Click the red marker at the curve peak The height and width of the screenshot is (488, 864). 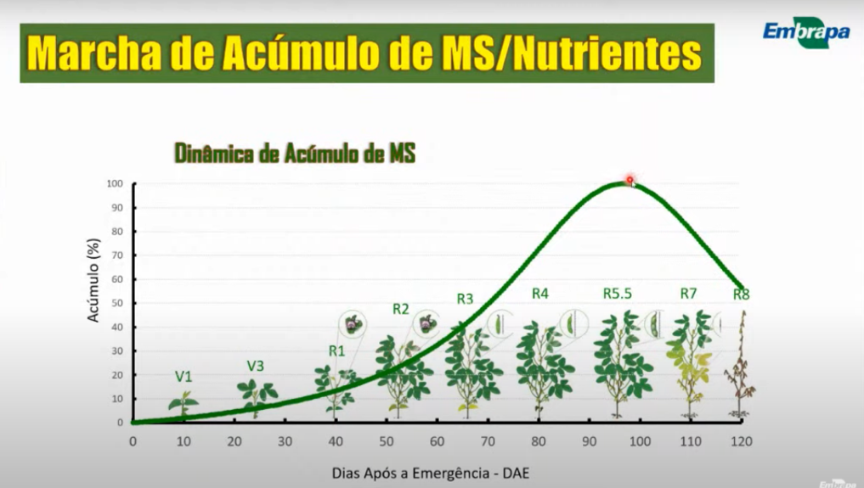[x=630, y=180]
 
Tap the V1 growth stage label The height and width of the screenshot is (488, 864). [x=184, y=376]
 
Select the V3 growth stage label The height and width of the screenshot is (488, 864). [x=256, y=366]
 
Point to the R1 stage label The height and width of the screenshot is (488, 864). [x=337, y=351]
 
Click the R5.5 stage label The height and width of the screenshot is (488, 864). [x=618, y=294]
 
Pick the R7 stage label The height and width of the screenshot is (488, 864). [x=688, y=294]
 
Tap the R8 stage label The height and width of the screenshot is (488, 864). [x=742, y=295]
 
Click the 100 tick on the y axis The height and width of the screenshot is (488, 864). [x=115, y=184]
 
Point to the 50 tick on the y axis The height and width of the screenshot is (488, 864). [x=117, y=303]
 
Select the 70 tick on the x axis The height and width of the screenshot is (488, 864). [x=488, y=441]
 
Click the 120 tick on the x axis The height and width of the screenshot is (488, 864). [x=742, y=441]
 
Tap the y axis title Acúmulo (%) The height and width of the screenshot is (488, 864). [x=94, y=279]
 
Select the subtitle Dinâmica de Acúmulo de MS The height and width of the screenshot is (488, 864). [x=295, y=153]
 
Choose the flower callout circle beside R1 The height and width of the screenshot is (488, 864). [x=353, y=323]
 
